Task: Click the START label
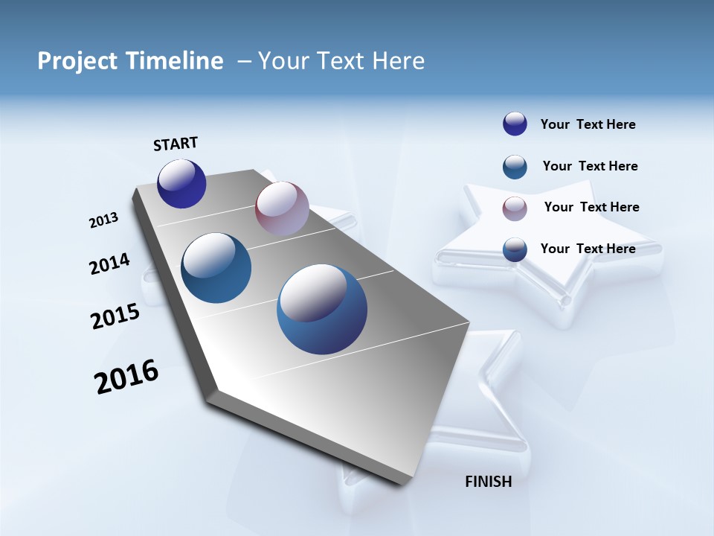coord(176,144)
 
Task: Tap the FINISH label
coord(488,482)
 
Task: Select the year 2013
coord(104,220)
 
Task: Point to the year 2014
coord(109,264)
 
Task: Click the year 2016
coord(126,377)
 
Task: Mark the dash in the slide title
coord(244,61)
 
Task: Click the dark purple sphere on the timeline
coord(181,184)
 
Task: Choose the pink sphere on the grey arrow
coord(282,208)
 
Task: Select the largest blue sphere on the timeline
coord(322,309)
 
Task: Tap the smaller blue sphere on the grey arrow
coord(216,268)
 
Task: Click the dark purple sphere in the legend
coord(515,124)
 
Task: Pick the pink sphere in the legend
coord(515,208)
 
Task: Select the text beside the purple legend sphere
coord(588,125)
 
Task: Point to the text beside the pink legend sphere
coord(591,207)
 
